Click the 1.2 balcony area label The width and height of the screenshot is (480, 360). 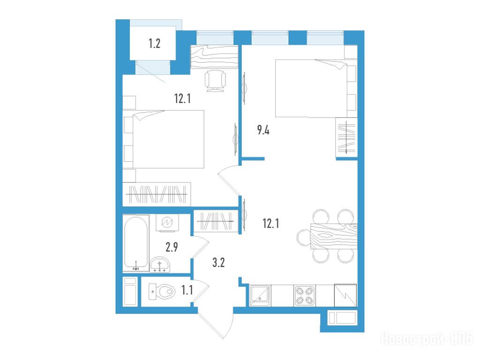pos(154,44)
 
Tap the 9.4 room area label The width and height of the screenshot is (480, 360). pos(263,130)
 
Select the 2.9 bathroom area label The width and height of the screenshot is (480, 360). pos(172,247)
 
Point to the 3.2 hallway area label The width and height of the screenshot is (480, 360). pos(218,262)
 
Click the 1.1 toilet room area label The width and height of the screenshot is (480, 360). pos(187,290)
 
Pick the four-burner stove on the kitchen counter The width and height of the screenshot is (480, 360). pos(305,295)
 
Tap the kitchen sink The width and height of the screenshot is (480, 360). pos(260,295)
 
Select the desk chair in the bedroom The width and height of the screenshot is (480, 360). pos(215,81)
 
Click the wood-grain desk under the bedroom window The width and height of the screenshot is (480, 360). pos(214,57)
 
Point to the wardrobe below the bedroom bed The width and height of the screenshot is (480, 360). pos(157,194)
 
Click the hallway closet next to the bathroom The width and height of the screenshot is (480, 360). pos(216,221)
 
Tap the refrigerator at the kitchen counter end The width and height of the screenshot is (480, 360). pos(345,295)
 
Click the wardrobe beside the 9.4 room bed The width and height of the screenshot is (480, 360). pos(346,137)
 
